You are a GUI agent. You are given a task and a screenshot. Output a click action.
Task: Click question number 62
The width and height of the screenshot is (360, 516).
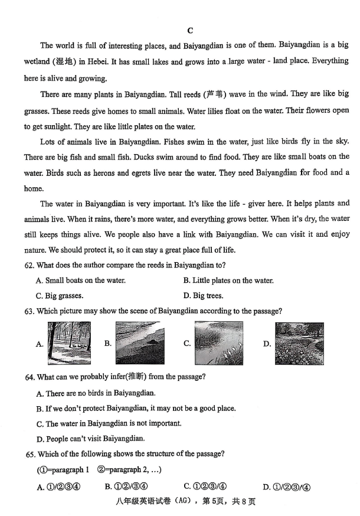[30, 265]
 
